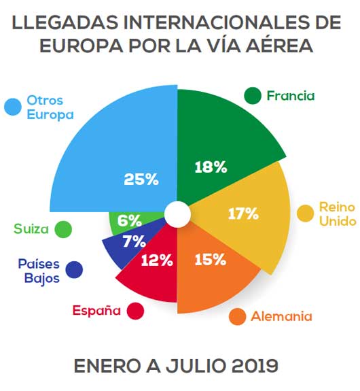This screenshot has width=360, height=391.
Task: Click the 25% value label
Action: [x=141, y=180]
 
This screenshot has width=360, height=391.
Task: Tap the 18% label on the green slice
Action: [x=210, y=167]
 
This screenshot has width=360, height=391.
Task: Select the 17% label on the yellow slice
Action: [x=242, y=214]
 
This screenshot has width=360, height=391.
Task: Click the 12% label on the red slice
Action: [x=157, y=259]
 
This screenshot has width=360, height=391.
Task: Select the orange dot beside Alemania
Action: [x=237, y=316]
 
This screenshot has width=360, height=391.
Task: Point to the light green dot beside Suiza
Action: [x=63, y=229]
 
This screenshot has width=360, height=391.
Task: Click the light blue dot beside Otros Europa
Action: [x=12, y=107]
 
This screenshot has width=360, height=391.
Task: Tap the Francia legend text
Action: [x=291, y=96]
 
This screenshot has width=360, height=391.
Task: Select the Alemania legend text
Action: [x=281, y=316]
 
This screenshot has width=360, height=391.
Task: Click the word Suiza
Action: [x=31, y=229]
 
